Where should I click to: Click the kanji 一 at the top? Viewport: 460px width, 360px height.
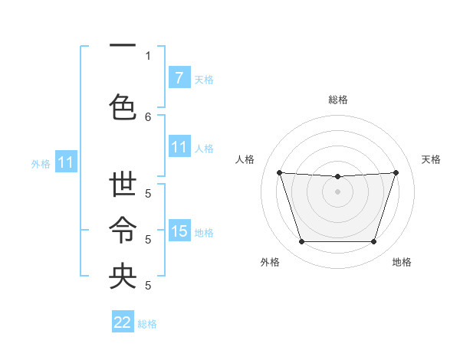tap(123, 47)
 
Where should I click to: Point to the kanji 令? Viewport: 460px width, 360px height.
tap(123, 230)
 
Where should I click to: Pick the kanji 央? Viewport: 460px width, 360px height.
tap(123, 276)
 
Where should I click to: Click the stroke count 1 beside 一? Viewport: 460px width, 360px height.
tap(148, 56)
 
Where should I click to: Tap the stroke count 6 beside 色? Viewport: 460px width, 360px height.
tap(148, 116)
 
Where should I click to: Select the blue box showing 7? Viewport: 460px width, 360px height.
tap(179, 78)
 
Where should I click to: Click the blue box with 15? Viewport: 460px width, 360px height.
tap(179, 231)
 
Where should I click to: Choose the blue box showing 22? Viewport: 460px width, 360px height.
tap(123, 322)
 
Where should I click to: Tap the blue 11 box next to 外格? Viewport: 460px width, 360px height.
tap(66, 162)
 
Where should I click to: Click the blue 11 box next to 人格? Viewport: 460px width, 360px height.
tap(179, 147)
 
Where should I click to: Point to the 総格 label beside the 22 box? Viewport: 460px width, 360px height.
tap(147, 324)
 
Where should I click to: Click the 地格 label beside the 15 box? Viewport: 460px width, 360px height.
tap(204, 232)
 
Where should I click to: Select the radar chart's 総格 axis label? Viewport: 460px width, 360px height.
tap(337, 100)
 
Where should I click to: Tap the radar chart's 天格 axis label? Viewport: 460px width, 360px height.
tap(431, 159)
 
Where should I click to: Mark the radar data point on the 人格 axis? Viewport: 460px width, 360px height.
tap(280, 173)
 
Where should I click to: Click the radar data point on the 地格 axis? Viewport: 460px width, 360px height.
tap(373, 242)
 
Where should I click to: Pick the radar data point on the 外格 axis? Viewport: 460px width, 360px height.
tap(301, 242)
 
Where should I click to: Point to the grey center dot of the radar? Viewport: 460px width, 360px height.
tap(337, 191)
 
